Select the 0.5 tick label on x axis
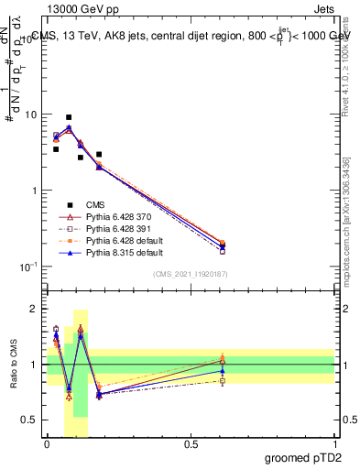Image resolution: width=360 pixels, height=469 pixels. point(191,443)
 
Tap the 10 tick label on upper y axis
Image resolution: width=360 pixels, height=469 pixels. point(31,115)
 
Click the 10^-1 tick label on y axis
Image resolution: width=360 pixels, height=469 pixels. point(29,267)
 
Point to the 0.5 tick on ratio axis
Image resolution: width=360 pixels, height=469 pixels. point(32,420)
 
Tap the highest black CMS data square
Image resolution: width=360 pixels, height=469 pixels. point(69,117)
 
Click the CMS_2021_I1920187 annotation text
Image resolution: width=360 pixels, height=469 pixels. point(191,274)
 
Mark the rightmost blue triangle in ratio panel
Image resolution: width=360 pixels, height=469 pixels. point(223,371)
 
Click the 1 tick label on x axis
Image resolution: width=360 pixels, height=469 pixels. point(335,443)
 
